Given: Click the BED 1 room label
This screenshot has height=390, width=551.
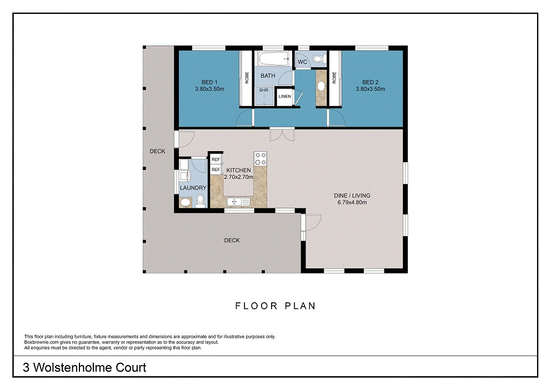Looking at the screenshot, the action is tap(209, 82).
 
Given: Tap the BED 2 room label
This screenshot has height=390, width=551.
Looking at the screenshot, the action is tap(370, 82).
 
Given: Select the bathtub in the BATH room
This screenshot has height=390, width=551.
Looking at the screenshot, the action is tap(273, 59).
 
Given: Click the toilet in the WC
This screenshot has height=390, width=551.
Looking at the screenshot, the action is tap(318, 59).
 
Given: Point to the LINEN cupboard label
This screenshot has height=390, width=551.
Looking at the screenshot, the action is tap(284, 96).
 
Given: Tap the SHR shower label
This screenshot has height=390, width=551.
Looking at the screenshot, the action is tap(263, 91).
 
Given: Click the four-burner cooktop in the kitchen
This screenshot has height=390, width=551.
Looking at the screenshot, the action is tap(261, 158).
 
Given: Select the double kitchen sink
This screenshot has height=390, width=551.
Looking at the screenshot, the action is tap(238, 202).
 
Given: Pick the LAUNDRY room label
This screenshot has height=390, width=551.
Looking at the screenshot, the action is tap(193, 188).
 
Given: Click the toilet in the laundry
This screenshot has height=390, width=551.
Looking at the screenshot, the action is tap(201, 201).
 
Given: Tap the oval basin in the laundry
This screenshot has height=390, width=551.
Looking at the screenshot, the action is tap(185, 202).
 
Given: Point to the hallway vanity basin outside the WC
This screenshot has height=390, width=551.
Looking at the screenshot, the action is tap(321, 86).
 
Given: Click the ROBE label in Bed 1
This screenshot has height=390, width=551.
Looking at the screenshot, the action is tap(247, 78).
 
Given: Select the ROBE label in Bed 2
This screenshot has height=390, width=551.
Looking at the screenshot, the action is tap(334, 78).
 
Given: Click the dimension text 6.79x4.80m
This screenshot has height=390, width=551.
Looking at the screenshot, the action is tap(352, 202).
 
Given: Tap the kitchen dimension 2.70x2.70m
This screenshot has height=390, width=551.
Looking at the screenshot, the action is tap(239, 177).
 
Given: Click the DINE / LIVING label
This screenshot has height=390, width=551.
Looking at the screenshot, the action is tap(352, 196).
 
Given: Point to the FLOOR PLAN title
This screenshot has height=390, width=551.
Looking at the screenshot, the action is tap(275, 306).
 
